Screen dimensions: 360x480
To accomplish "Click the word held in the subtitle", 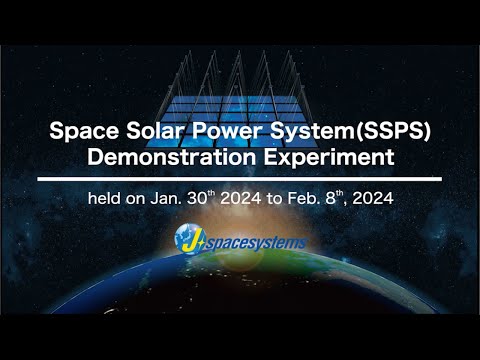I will (x=106, y=197).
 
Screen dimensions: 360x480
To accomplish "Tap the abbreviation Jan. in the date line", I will (x=166, y=197).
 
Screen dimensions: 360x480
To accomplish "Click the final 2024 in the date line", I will (x=377, y=197).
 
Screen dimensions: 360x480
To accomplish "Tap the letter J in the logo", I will (x=187, y=238).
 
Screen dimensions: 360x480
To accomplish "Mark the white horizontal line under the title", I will (x=240, y=178).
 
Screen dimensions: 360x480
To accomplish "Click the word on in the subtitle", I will (x=136, y=197).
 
